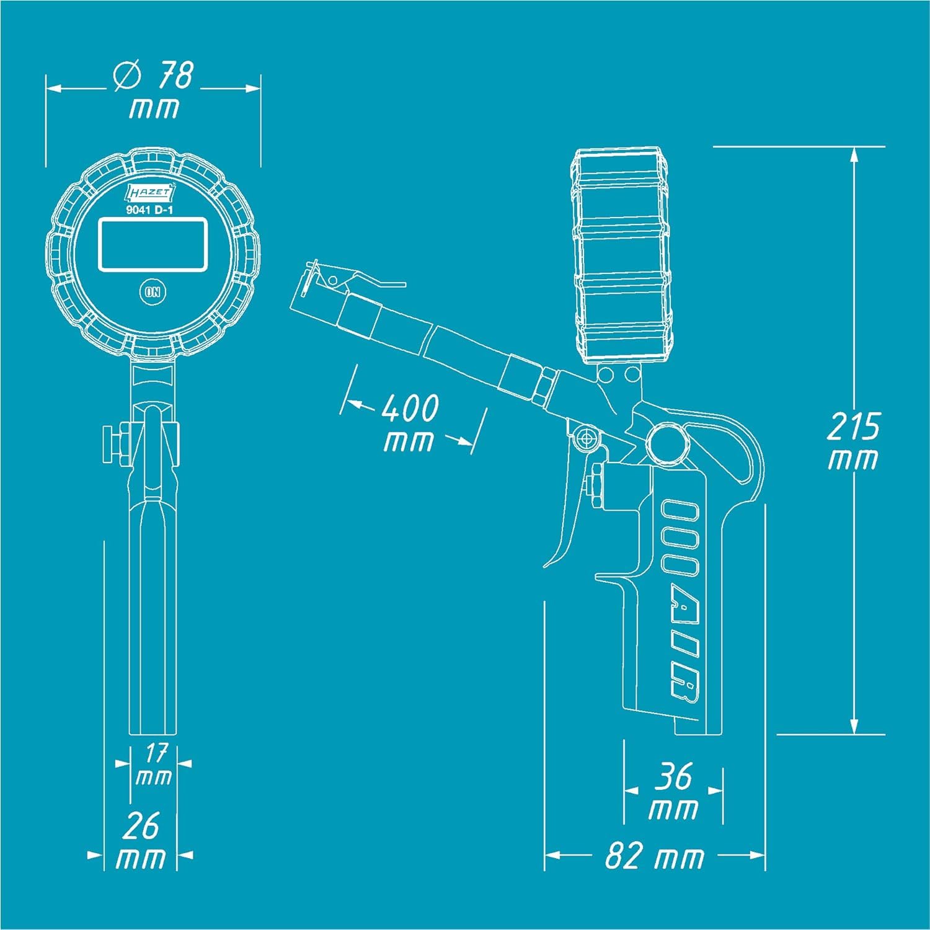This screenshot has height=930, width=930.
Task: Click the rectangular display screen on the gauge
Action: point(153,244)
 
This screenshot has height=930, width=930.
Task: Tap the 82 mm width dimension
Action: point(654,857)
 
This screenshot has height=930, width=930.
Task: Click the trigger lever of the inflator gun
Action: point(567,527)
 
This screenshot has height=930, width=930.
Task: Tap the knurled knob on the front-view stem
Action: point(112,445)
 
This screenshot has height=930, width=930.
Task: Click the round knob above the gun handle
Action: point(666,443)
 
